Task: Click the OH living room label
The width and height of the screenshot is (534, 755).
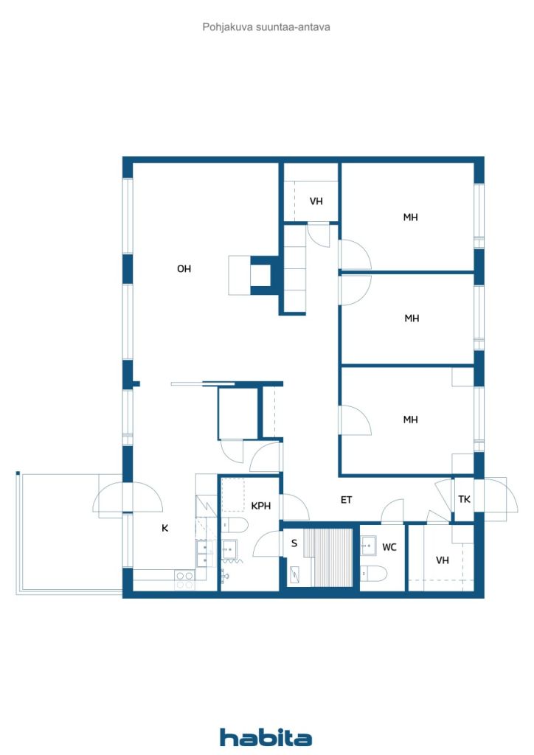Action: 184,268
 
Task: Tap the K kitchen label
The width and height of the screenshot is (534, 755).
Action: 164,528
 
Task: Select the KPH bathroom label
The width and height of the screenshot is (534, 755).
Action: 260,506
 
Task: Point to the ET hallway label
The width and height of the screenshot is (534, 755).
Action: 346,500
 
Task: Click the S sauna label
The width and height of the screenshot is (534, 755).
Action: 294,543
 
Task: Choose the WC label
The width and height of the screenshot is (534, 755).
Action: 389,547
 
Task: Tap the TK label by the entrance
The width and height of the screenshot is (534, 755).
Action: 464,499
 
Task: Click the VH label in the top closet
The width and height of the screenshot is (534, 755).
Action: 316,201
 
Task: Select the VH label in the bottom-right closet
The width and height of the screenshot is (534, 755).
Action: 442,560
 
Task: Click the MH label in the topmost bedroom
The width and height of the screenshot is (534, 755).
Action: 410,218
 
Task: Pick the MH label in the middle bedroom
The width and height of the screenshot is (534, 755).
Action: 412,319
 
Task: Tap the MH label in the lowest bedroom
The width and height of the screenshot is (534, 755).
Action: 410,420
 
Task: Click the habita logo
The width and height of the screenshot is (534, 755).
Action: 266,737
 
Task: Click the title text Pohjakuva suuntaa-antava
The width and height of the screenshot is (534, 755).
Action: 266,27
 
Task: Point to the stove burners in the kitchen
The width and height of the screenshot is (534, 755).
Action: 184,580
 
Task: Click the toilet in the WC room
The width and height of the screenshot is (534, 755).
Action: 374,573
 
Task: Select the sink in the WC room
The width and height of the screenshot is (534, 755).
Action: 368,546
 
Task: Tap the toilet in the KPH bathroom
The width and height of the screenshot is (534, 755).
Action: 235,524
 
